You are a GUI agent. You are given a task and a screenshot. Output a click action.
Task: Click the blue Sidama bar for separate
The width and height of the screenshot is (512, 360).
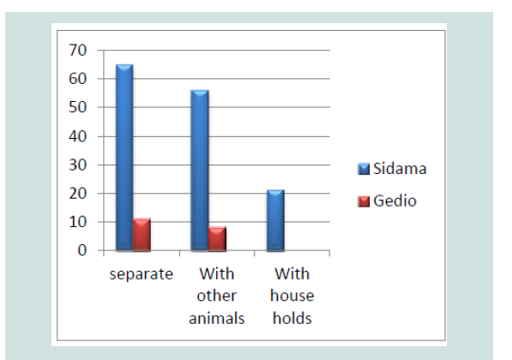(124, 158)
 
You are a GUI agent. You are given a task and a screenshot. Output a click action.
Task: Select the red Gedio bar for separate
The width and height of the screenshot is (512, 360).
(142, 235)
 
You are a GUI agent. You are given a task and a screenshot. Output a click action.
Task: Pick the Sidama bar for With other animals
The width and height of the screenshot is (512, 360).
(200, 171)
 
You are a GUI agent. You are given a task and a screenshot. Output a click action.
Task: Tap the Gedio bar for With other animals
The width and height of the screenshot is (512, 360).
(218, 239)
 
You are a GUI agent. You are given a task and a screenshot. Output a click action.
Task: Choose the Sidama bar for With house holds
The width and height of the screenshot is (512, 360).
(275, 220)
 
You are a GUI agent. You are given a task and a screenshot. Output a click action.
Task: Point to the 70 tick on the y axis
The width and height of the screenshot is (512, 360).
(78, 51)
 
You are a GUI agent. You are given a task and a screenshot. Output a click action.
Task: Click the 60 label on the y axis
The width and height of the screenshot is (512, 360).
(78, 79)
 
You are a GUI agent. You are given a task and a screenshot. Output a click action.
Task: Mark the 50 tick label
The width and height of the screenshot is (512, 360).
(78, 107)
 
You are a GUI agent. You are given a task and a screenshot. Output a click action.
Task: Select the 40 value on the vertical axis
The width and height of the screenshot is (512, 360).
(78, 136)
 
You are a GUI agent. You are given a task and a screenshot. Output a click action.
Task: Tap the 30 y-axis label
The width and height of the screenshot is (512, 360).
(78, 165)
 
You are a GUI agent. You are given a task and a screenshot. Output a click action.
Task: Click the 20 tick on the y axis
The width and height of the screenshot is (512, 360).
(78, 193)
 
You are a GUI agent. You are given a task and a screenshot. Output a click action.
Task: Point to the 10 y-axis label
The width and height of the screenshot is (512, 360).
(78, 222)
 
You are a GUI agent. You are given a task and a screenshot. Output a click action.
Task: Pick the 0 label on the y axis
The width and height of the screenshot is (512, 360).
(82, 250)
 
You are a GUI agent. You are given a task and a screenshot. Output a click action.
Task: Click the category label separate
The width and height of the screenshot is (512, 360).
(141, 274)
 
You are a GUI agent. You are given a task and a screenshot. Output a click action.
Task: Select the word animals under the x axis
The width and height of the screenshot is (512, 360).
(217, 318)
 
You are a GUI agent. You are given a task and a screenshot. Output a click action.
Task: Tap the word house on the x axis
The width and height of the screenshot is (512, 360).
(292, 296)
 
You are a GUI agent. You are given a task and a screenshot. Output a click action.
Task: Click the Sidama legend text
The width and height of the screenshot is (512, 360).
(400, 169)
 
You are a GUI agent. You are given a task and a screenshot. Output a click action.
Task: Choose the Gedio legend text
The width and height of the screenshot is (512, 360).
(395, 201)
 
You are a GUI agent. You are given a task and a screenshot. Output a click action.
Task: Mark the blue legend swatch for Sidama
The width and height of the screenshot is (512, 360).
(364, 169)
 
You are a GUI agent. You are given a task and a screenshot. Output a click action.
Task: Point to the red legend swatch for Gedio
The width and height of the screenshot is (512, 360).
(364, 201)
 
